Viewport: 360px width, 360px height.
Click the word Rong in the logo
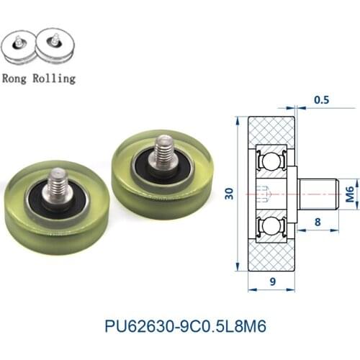pyautogui.click(x=18, y=78)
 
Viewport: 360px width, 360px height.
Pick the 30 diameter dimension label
pyautogui.click(x=228, y=193)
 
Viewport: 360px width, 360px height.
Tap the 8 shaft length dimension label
pyautogui.click(x=318, y=223)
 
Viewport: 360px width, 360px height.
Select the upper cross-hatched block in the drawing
pyautogui.click(x=272, y=131)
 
